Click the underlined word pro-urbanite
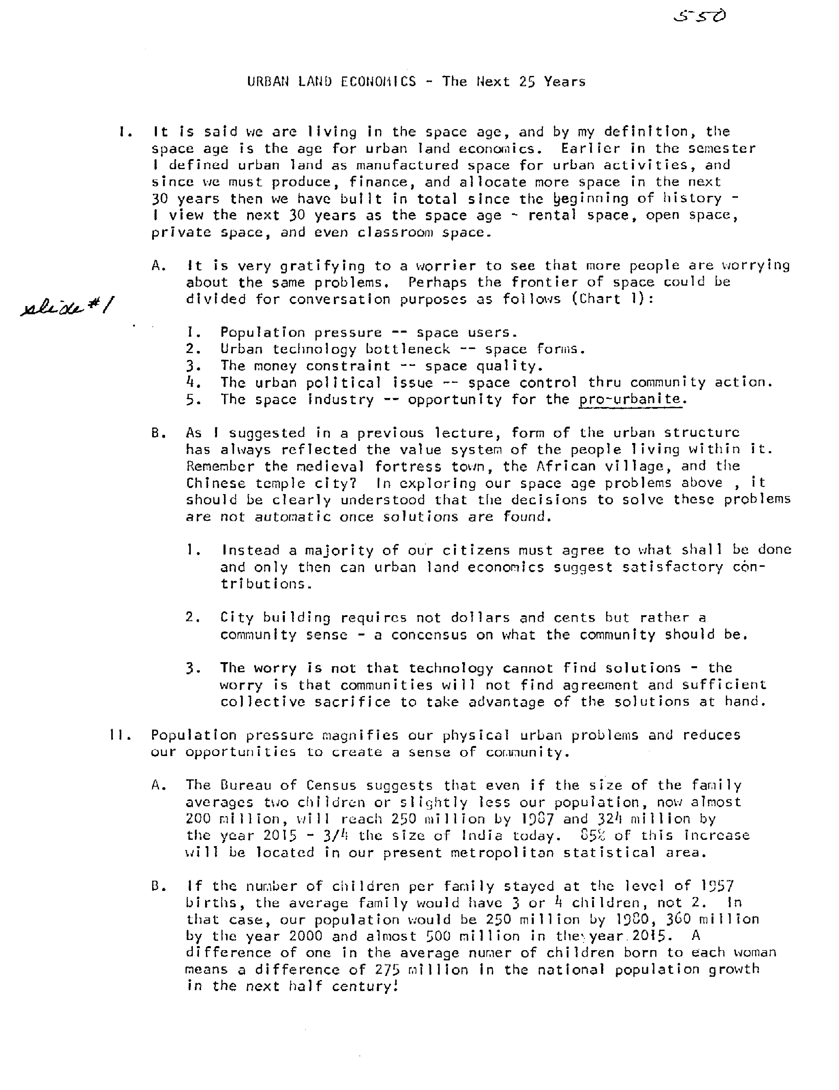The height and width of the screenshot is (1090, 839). coord(630,399)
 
